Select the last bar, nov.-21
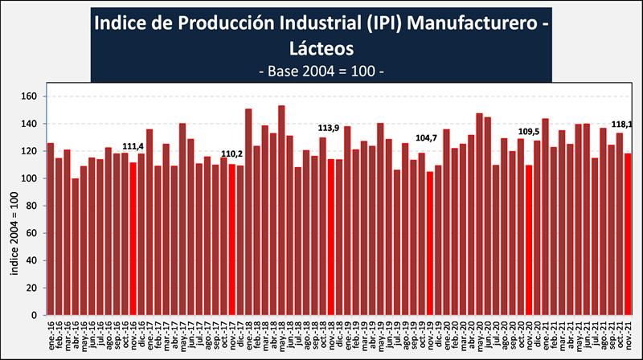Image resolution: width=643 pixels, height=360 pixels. pos(629,234)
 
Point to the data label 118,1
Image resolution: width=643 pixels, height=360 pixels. pos(624,125)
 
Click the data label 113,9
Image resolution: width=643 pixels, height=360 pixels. pos(330,128)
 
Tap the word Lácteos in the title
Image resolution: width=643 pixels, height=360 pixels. pos(321,47)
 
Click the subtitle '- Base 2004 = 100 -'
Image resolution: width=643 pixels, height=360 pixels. pos(321,71)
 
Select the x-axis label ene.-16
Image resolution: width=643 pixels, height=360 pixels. pos(50,333)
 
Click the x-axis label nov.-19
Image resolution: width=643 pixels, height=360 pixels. pos(430,333)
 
